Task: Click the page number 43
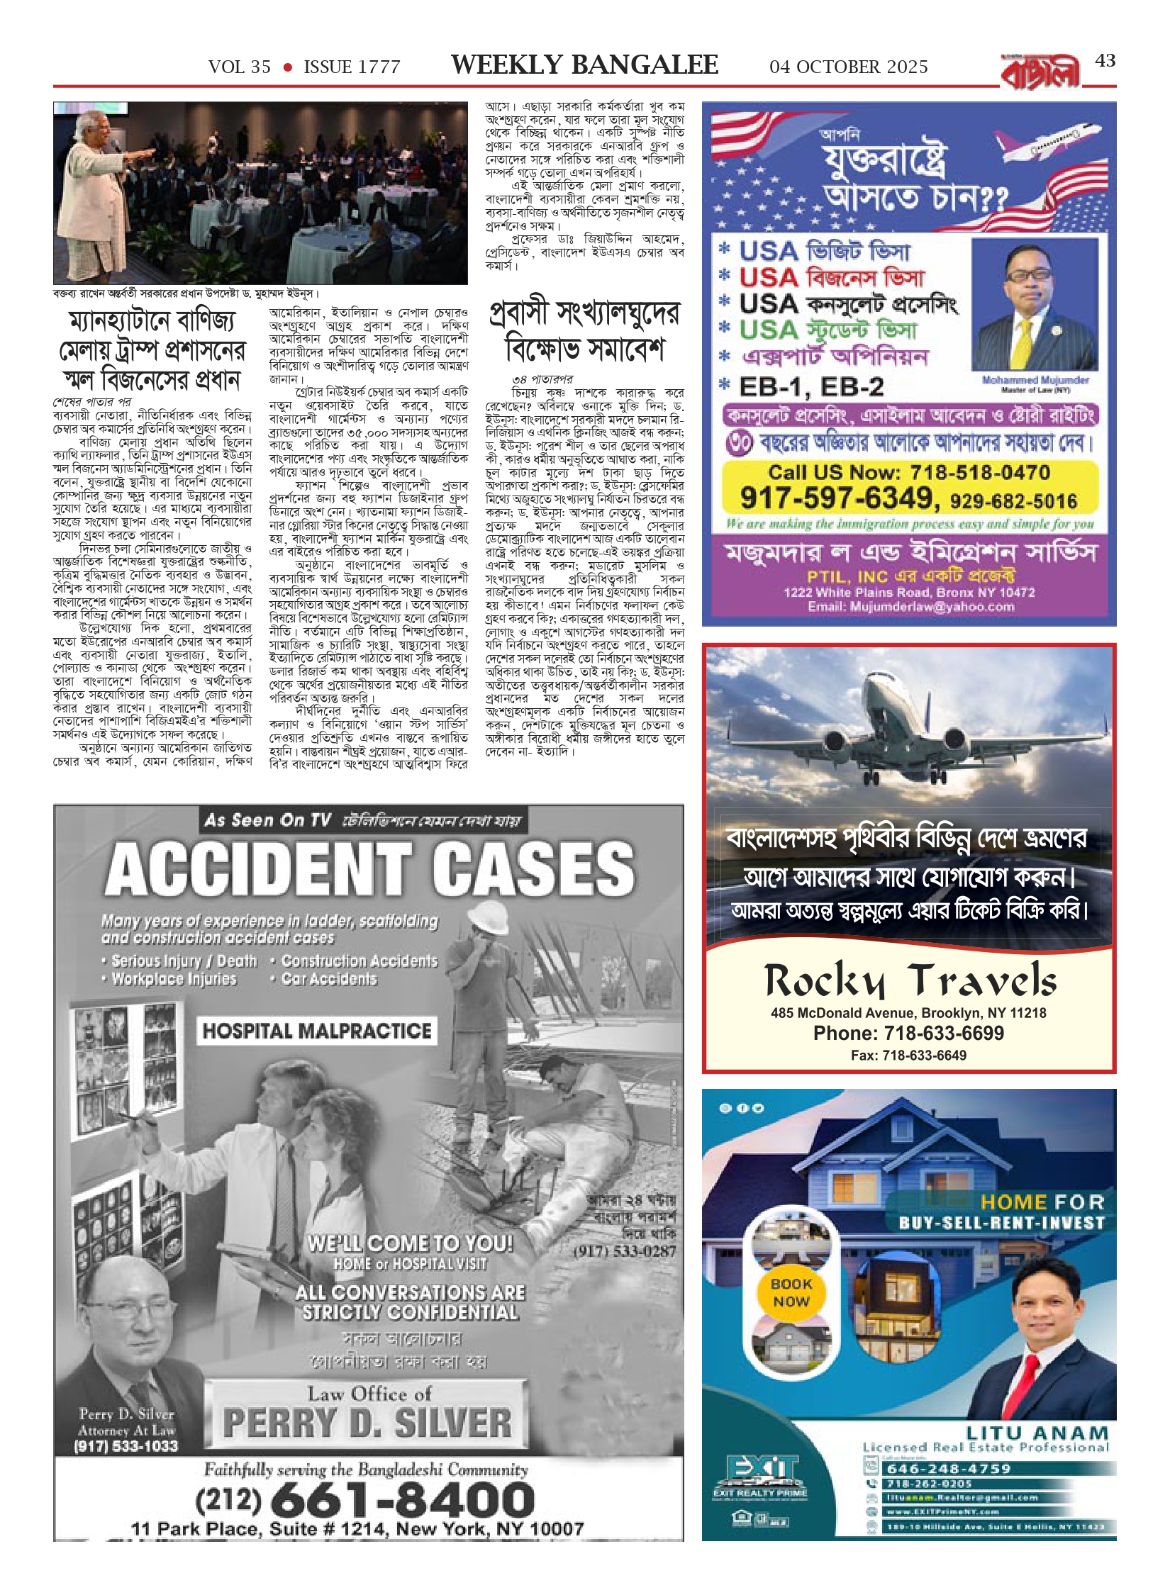1105,62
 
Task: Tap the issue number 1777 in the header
377,67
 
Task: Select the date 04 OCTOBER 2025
848,67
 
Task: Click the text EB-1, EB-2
811,387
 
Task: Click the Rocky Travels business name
910,982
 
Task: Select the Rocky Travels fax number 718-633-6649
908,1056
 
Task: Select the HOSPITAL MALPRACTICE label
316,1031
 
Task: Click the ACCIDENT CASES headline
369,870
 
